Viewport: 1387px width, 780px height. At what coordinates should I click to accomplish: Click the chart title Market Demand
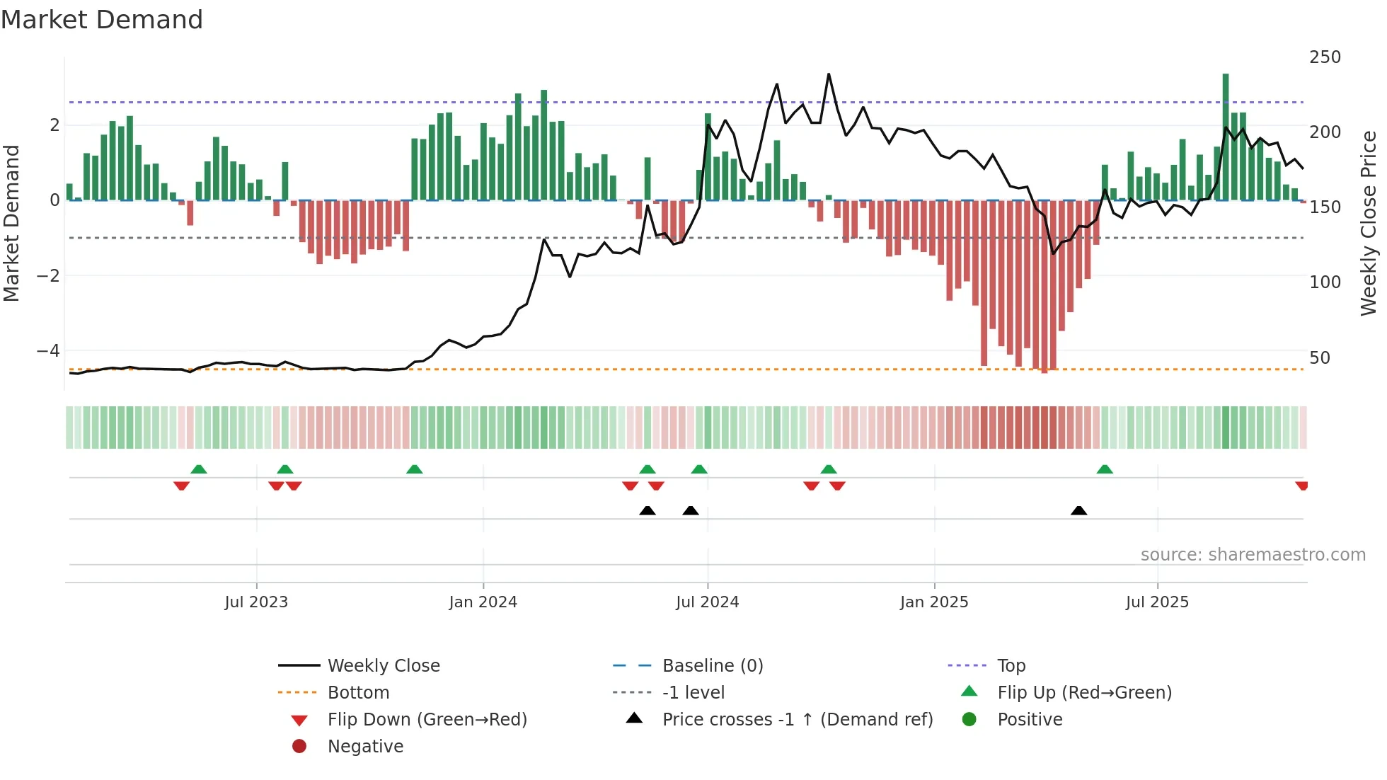point(102,20)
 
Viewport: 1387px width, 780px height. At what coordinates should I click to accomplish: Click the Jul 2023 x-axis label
point(256,602)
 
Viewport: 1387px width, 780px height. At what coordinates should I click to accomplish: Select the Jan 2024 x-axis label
point(483,602)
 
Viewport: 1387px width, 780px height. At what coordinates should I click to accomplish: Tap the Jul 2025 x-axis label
point(1157,602)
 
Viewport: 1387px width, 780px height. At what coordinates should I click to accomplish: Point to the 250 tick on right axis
point(1325,57)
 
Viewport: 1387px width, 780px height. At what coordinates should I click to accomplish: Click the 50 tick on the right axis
point(1320,358)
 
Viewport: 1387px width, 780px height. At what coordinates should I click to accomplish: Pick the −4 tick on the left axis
point(48,351)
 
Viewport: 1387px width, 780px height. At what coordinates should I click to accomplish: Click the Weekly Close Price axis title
point(1369,223)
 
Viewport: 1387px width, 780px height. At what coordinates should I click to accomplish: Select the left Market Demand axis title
point(12,223)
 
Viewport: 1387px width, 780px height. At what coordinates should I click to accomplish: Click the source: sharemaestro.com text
point(1253,555)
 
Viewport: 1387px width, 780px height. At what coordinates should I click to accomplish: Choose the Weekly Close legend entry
point(383,666)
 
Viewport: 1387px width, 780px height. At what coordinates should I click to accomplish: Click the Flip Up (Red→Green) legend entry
point(1084,693)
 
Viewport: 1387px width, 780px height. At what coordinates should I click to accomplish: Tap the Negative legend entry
point(365,747)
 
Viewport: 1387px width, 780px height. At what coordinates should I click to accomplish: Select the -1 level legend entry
point(693,693)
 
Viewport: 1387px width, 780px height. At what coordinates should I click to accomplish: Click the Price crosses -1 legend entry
point(797,720)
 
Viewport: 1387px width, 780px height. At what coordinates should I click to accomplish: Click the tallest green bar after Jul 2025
point(1226,134)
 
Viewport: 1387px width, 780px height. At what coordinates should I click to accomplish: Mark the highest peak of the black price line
point(829,74)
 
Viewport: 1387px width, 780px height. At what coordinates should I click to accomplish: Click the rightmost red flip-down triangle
point(1301,486)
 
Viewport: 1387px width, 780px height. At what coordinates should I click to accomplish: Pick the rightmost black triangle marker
point(1078,510)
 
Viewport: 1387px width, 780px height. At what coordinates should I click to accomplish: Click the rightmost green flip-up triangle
point(1105,469)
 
